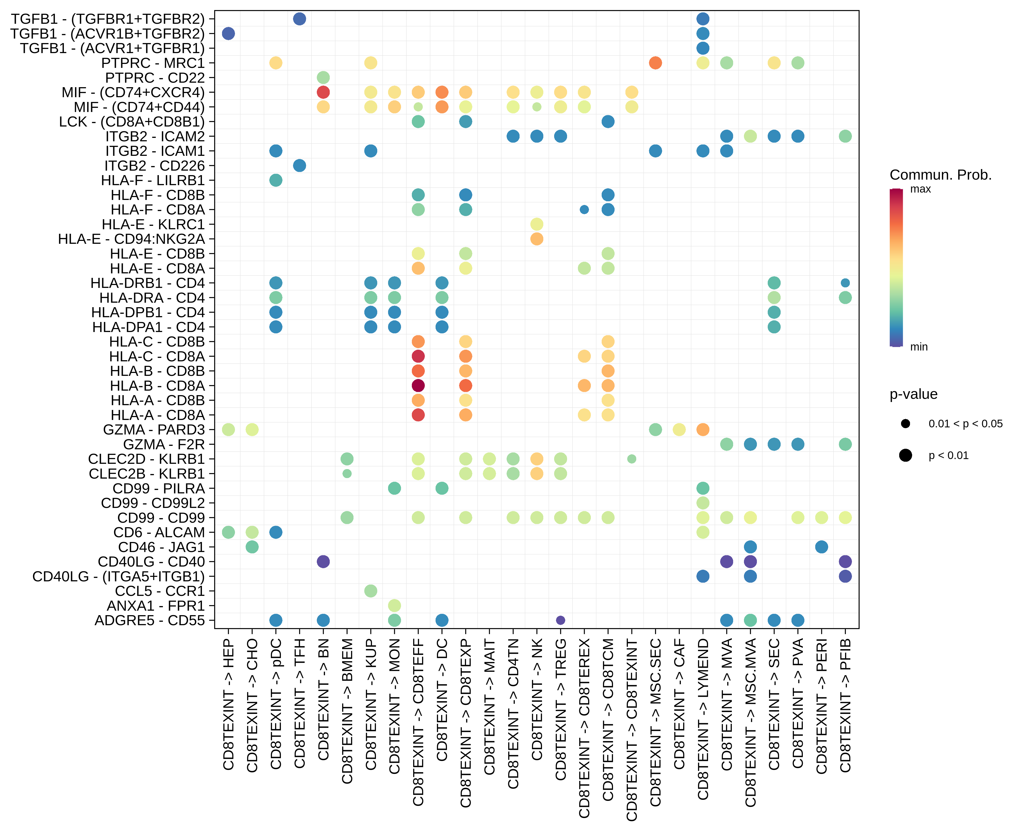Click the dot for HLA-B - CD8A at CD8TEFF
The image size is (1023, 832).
[418, 386]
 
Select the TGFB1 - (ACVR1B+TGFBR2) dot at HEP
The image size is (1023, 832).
[228, 34]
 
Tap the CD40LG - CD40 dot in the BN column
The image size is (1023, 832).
[323, 562]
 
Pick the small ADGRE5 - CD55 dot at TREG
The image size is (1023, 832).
[560, 620]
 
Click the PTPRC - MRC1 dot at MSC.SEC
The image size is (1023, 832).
[655, 63]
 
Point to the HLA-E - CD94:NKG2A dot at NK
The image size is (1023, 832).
[537, 239]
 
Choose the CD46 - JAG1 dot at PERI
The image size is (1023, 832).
[821, 547]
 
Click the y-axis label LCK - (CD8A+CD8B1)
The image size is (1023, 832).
[132, 122]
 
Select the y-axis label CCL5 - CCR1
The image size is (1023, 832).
[159, 591]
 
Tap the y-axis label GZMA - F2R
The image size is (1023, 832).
[164, 444]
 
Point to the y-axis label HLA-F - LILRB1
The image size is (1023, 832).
[153, 180]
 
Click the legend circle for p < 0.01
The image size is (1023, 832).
[905, 455]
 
